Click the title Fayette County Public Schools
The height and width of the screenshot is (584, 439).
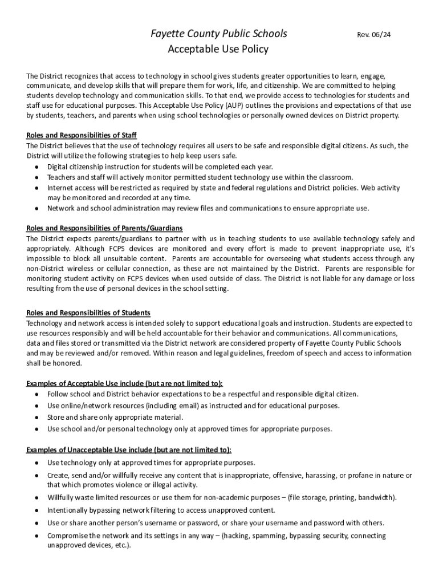pyautogui.click(x=218, y=34)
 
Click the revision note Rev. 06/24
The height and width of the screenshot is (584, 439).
pyautogui.click(x=373, y=35)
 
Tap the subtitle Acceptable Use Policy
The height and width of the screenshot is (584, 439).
pyautogui.click(x=218, y=50)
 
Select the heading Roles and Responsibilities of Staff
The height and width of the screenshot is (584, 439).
pyautogui.click(x=82, y=136)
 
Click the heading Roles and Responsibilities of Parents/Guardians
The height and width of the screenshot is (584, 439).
pyautogui.click(x=104, y=228)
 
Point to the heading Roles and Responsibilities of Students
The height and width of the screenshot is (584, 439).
pyautogui.click(x=88, y=313)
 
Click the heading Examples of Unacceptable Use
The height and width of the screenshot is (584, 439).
pyautogui.click(x=129, y=449)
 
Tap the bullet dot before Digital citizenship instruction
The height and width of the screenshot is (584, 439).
pyautogui.click(x=36, y=167)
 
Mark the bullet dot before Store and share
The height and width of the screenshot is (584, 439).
pyautogui.click(x=36, y=417)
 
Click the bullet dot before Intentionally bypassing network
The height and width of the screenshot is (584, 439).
pyautogui.click(x=36, y=510)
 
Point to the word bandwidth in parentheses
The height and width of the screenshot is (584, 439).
pyautogui.click(x=374, y=498)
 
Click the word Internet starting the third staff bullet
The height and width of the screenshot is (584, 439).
pyautogui.click(x=60, y=188)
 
